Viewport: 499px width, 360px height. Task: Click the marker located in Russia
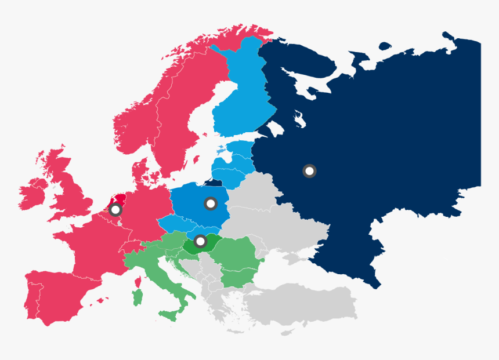[310, 170]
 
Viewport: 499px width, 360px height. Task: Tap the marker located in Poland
[211, 203]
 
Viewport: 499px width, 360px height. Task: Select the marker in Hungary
[200, 241]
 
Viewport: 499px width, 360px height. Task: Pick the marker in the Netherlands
[115, 209]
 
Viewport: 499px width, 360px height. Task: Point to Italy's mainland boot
[174, 284]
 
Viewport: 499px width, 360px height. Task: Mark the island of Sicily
[169, 316]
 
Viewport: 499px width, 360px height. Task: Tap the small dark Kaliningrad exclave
[215, 182]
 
